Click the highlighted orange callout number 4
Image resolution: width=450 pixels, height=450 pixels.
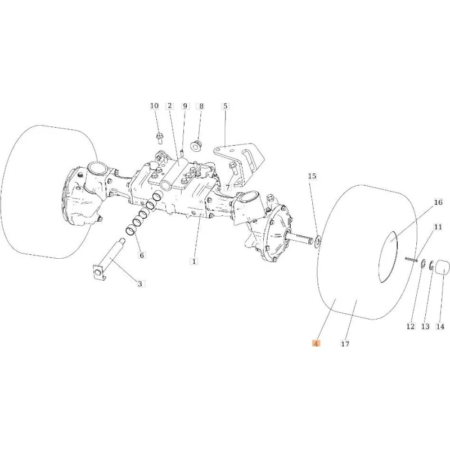point(316,343)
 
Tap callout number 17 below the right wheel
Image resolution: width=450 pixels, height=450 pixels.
point(345,343)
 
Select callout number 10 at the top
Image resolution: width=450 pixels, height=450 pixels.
point(154,106)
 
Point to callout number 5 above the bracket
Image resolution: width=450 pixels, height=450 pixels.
point(226,106)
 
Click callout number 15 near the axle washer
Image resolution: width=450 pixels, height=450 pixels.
point(312,176)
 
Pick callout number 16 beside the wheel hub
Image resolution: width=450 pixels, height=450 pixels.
point(438,202)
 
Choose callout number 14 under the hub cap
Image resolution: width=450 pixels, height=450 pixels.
point(440,326)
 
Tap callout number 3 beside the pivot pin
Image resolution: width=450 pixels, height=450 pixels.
point(139,284)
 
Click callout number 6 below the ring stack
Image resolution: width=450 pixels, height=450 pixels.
point(142,255)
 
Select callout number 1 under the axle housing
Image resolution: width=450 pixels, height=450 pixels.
point(194,262)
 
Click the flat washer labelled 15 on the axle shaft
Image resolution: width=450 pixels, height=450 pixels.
point(317,241)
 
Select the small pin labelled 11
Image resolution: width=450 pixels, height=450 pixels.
point(411,259)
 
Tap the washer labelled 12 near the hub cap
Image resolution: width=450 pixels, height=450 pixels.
point(423,264)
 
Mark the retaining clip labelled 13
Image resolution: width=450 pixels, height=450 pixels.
point(431,265)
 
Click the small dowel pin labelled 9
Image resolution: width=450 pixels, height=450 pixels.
point(182,151)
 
